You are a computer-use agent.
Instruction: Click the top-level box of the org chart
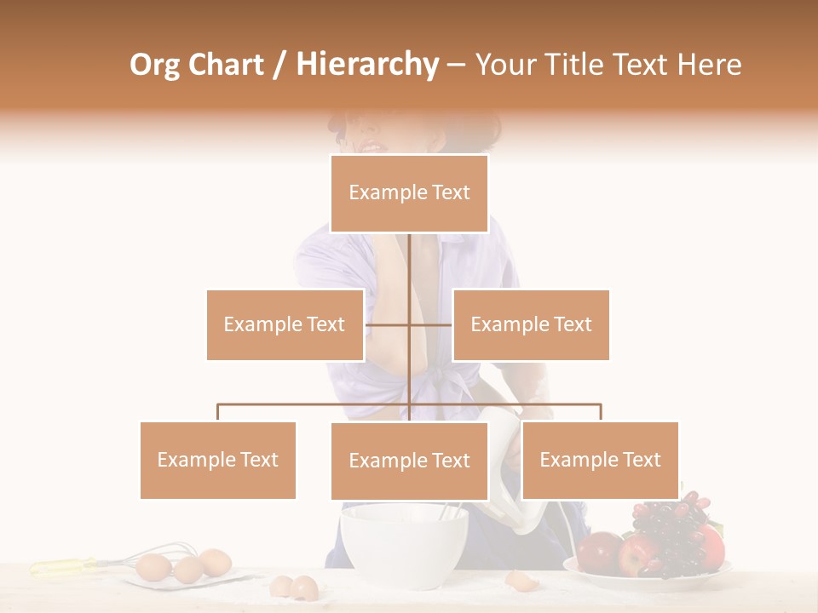[409, 193]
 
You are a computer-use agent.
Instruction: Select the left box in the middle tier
[285, 324]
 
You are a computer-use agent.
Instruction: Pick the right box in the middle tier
[531, 324]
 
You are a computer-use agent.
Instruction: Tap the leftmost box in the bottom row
[218, 460]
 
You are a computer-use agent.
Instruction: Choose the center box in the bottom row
[409, 461]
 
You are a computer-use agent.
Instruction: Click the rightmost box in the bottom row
[600, 460]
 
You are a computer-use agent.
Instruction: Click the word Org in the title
[156, 65]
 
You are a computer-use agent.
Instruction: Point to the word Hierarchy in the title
[366, 65]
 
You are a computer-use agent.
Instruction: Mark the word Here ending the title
[709, 65]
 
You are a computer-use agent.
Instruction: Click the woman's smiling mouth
[372, 147]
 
